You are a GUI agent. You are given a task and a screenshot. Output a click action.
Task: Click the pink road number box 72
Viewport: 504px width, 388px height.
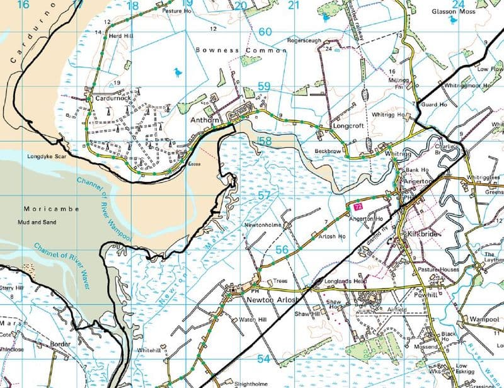[x=358, y=206]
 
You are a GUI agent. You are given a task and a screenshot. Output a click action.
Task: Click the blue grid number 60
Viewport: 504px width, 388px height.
[x=265, y=31]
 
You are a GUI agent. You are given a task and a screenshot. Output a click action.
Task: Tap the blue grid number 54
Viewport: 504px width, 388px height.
[x=263, y=358]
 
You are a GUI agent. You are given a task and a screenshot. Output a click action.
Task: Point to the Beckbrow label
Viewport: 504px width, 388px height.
[x=328, y=152]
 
